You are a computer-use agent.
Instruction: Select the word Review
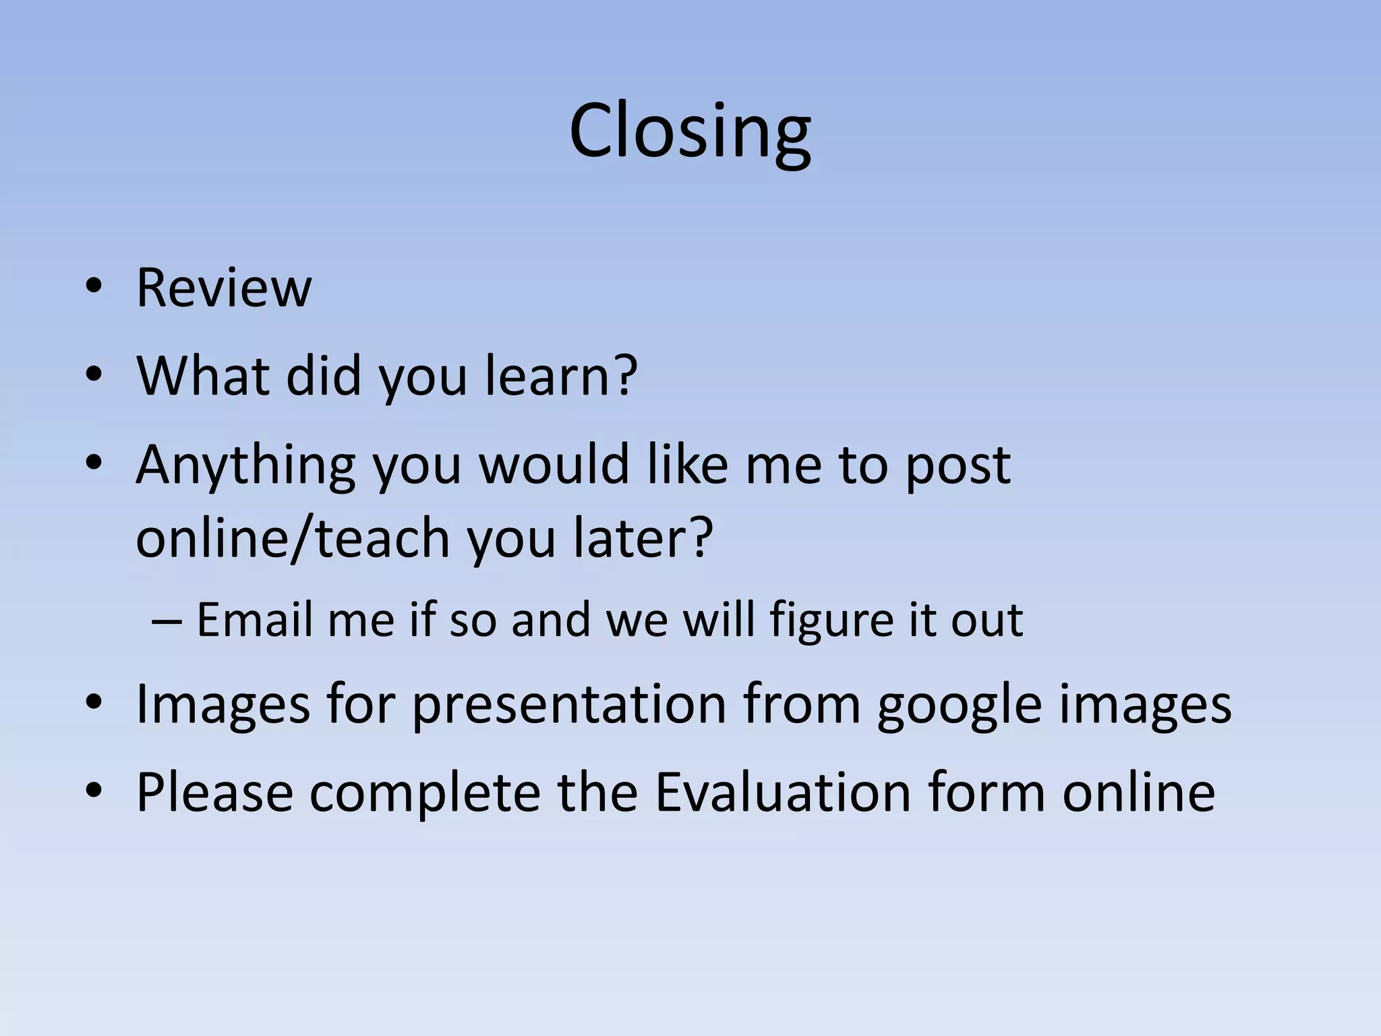point(224,288)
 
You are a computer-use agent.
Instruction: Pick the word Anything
point(245,466)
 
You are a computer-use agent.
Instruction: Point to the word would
point(554,465)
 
